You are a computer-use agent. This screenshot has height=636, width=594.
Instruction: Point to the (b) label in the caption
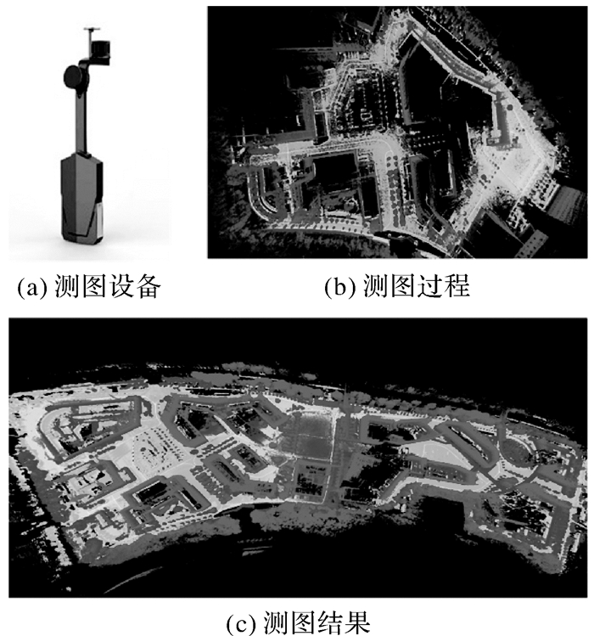click(x=340, y=287)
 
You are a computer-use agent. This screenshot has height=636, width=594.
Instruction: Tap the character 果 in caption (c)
click(x=357, y=622)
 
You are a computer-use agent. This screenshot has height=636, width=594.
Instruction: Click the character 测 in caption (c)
click(x=276, y=622)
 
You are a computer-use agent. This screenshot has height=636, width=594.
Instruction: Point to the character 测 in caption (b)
click(x=375, y=286)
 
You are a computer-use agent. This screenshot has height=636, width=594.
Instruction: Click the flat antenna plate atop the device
click(x=92, y=29)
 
